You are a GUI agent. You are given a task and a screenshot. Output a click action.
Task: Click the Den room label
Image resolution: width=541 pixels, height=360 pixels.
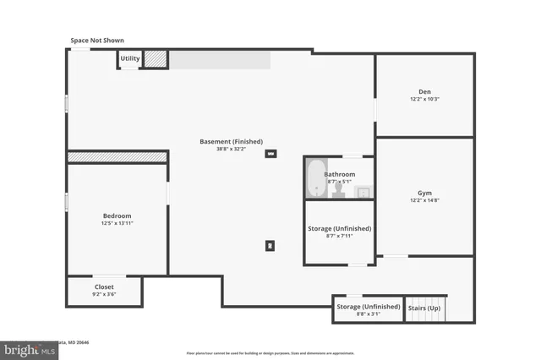click(x=424, y=91)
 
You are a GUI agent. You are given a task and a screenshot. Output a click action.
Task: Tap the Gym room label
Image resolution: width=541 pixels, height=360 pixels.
click(x=424, y=193)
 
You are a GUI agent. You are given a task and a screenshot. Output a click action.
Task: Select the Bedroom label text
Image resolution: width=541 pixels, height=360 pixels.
click(x=117, y=215)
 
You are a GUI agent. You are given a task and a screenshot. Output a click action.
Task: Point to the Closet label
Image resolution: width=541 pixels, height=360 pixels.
click(x=104, y=286)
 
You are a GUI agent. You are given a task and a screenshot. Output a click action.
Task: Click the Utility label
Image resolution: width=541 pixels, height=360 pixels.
click(x=129, y=58)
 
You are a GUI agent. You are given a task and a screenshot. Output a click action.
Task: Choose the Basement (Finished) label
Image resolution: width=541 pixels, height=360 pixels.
click(x=231, y=141)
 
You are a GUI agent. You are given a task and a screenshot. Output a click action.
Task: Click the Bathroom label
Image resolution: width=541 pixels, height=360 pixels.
click(x=339, y=174)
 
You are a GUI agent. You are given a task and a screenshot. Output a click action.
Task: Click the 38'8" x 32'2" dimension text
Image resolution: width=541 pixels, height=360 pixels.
click(x=231, y=150)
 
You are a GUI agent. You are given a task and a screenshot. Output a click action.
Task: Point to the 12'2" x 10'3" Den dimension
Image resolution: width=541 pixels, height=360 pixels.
click(x=424, y=100)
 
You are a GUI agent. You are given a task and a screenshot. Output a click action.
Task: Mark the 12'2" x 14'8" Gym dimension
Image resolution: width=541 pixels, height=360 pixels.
click(x=424, y=200)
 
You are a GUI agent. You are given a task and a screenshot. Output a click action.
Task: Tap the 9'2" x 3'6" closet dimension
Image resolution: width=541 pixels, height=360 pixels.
click(x=104, y=295)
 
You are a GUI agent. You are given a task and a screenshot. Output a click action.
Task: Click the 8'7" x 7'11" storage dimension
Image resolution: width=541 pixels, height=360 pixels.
click(x=339, y=236)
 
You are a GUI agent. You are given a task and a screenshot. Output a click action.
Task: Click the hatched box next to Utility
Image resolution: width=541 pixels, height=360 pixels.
click(x=156, y=58)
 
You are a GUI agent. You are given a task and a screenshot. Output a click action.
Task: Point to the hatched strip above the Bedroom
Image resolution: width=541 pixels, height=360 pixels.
click(x=117, y=156)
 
